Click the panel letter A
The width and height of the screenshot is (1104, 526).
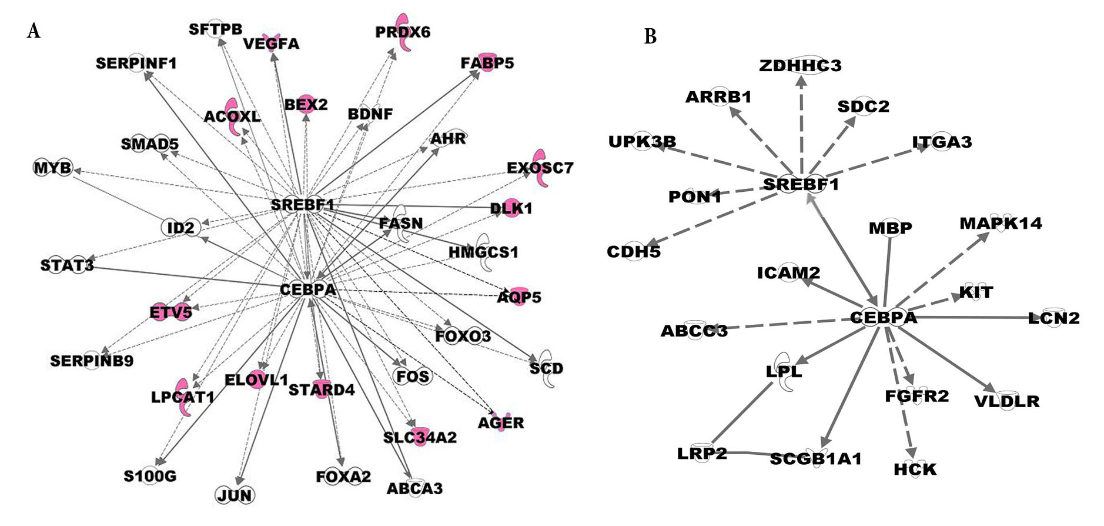point(34,31)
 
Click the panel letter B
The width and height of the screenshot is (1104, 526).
point(650,36)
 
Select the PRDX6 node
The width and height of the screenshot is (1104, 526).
point(403,32)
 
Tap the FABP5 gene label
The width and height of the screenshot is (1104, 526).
point(487,62)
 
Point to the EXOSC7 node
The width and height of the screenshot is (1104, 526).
point(540,168)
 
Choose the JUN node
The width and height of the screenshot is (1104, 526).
point(235,495)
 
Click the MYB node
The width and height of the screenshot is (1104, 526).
point(52,168)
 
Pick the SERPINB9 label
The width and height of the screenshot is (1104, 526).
point(92,361)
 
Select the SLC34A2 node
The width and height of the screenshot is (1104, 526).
point(420,437)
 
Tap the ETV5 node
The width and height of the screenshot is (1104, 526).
point(170,312)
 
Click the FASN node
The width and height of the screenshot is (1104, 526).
point(401,223)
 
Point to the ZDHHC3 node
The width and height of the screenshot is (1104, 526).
point(800,65)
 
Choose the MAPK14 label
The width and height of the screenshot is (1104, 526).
point(1001,224)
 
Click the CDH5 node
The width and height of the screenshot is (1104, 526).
point(634,252)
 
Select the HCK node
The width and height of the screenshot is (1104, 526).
point(915,470)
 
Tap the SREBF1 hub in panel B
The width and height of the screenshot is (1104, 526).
point(801,184)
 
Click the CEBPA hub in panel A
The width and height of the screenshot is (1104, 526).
point(308,289)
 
